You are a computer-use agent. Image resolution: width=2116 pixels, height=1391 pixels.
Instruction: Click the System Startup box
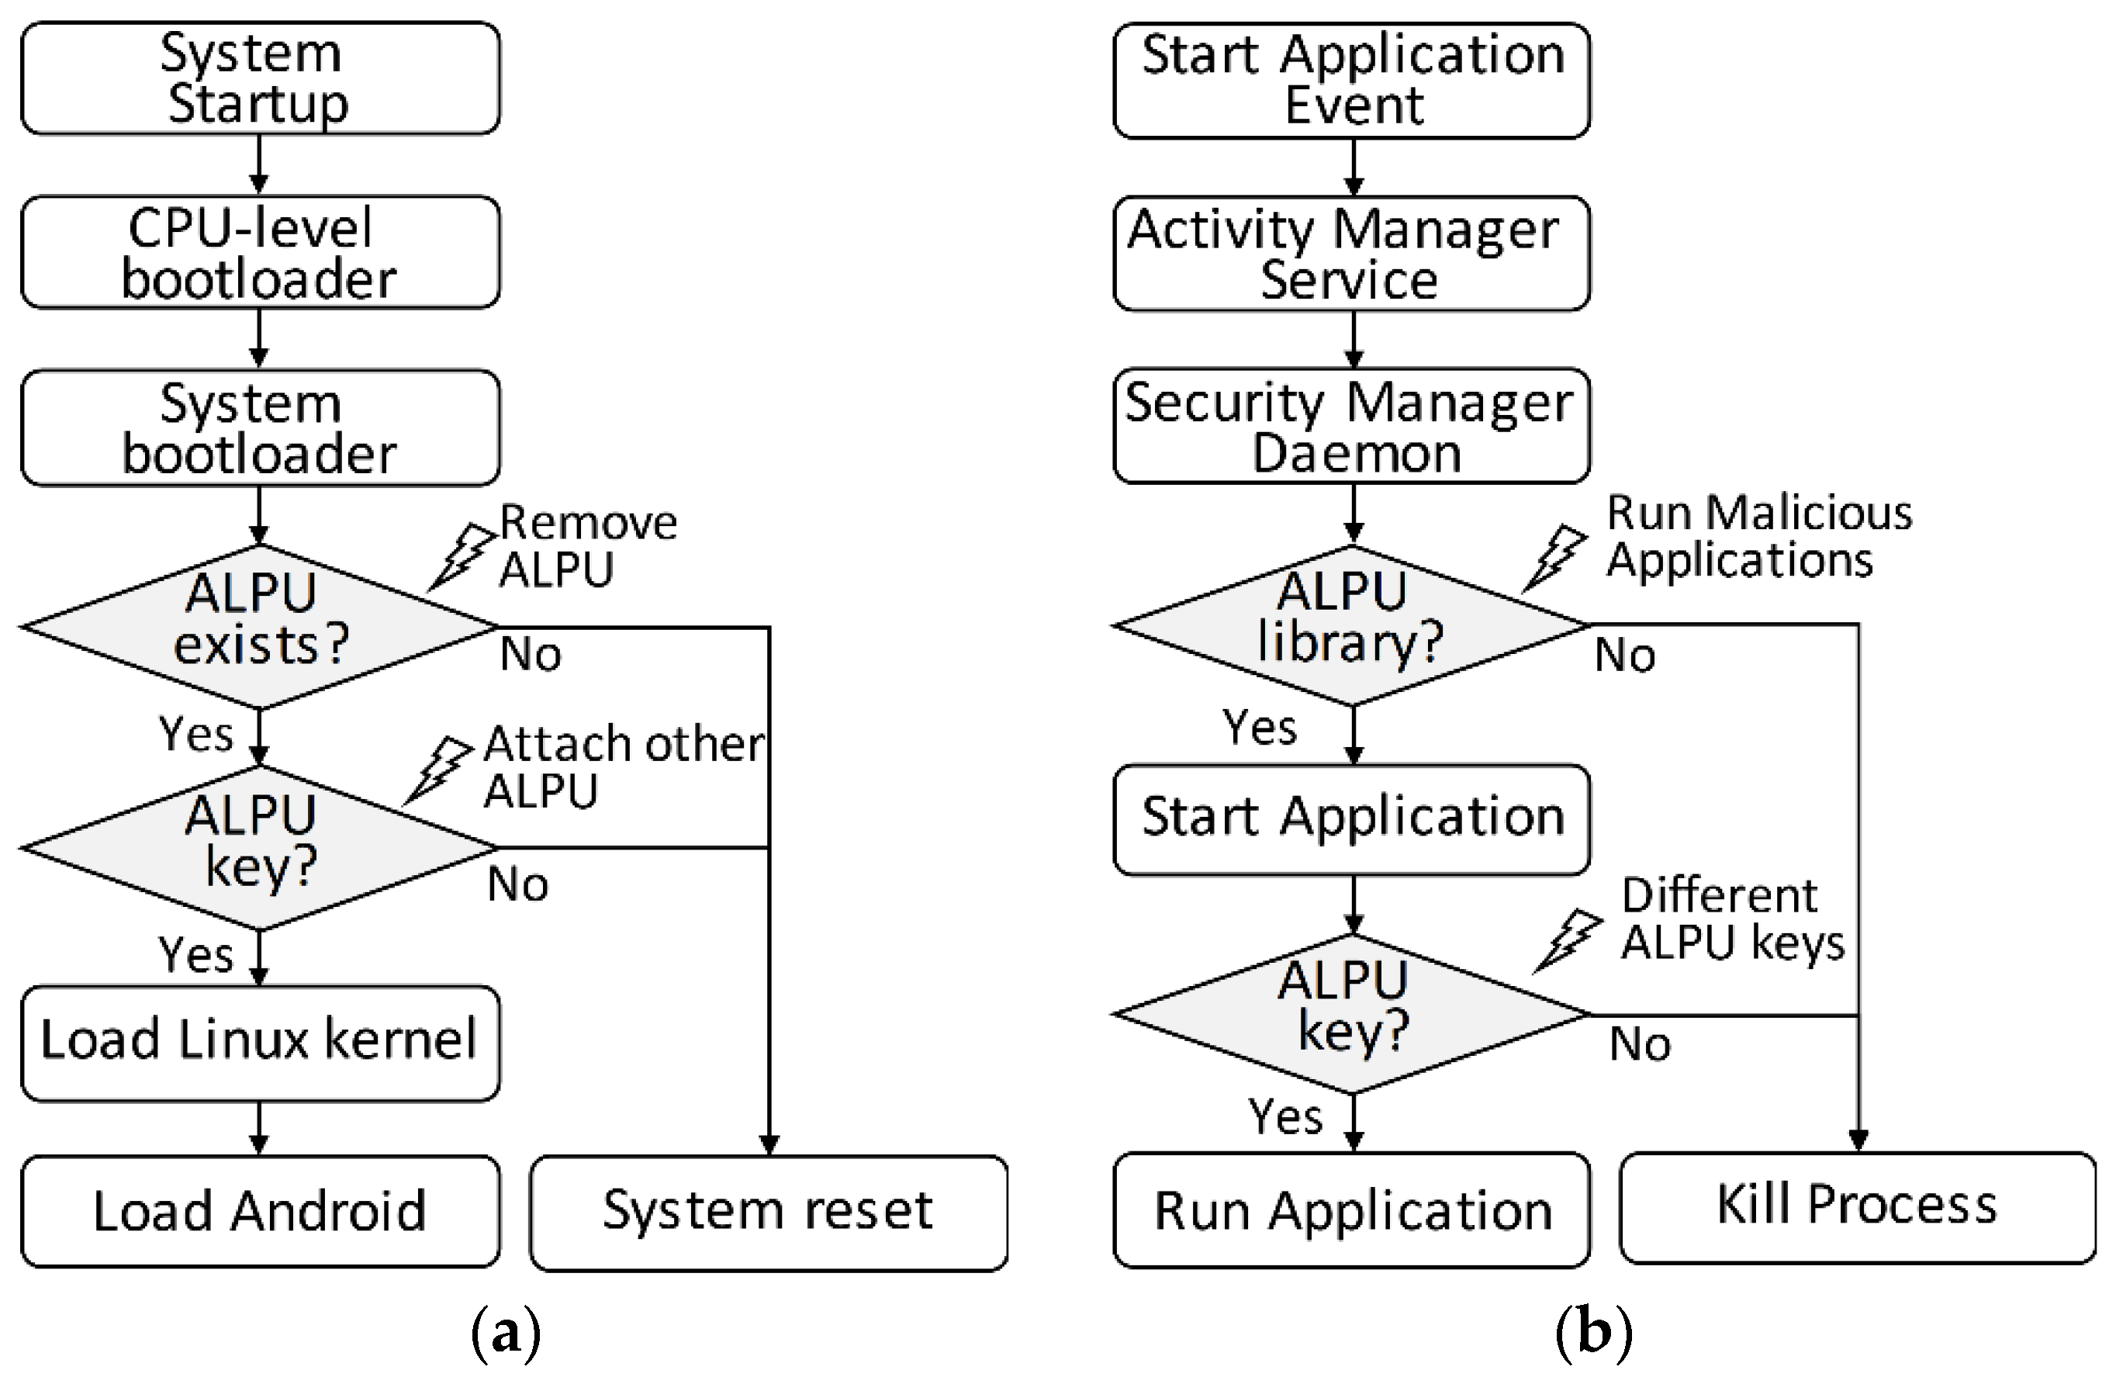pyautogui.click(x=260, y=78)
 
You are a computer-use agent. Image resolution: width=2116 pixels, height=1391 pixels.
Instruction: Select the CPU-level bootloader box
pyautogui.click(x=260, y=253)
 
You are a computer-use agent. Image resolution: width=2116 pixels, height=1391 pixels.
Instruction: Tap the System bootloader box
pyautogui.click(x=260, y=427)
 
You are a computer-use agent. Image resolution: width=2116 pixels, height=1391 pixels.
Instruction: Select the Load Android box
pyautogui.click(x=260, y=1211)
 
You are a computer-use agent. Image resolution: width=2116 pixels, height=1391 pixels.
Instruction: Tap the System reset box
pyautogui.click(x=768, y=1211)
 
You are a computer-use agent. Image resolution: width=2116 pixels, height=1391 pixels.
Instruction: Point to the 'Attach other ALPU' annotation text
pyautogui.click(x=622, y=766)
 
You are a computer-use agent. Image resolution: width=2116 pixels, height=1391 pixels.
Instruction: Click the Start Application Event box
pyautogui.click(x=1351, y=80)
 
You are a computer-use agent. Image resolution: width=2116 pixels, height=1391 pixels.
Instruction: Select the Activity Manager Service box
pyautogui.click(x=1351, y=254)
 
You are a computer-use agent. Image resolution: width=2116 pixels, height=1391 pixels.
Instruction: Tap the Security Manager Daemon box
pyautogui.click(x=1351, y=427)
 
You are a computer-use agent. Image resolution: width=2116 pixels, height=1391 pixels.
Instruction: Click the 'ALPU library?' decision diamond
pyautogui.click(x=1351, y=625)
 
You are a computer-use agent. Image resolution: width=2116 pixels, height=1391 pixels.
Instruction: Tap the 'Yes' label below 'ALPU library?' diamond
pyautogui.click(x=1259, y=728)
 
